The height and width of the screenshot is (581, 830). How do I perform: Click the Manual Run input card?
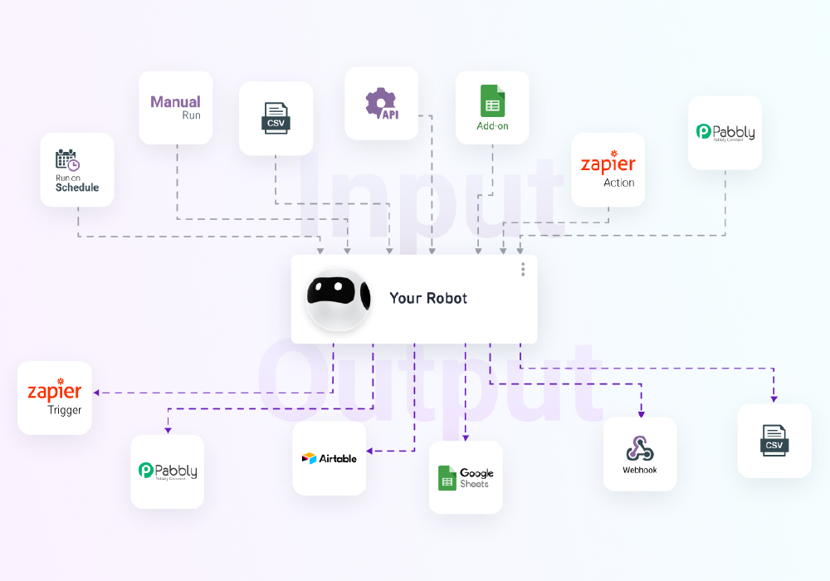coord(175,108)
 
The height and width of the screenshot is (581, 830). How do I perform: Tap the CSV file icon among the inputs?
coord(276,117)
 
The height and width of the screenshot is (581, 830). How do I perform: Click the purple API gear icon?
coord(381,103)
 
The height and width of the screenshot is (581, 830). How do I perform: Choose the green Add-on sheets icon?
coord(492,101)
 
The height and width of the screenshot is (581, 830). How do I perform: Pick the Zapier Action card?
coord(608,169)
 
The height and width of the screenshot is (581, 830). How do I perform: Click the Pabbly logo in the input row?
coord(725,132)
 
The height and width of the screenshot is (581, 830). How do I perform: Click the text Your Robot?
coord(428,298)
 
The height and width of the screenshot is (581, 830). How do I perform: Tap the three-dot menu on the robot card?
coord(523,269)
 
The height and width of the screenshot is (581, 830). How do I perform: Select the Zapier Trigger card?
coord(55,398)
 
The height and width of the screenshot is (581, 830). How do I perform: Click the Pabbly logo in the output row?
coord(167,471)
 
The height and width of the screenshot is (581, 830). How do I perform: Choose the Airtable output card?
coord(329,458)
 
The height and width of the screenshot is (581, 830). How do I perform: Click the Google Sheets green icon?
coord(447,478)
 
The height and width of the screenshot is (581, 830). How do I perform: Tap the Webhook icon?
coord(639,448)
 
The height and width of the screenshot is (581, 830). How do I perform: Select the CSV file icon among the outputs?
coord(774,439)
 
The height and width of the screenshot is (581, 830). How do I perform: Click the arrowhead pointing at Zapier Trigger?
coord(97,393)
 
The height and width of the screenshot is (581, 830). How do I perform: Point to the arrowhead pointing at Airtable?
coord(370,452)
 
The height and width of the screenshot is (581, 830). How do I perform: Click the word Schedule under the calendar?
coord(77,188)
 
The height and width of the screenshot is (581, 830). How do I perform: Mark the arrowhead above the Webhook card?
coord(641,413)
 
